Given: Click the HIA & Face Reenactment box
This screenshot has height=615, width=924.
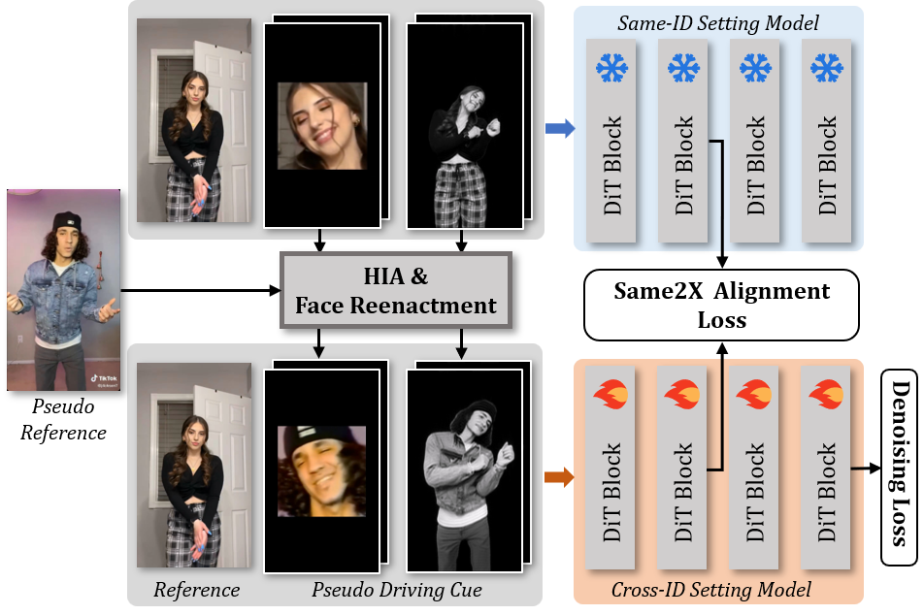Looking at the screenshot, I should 395,291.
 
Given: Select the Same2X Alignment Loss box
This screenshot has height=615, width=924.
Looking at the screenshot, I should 722,305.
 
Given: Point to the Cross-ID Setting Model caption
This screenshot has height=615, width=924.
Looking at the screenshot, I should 711,589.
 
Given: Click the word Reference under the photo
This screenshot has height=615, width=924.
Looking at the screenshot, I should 196,589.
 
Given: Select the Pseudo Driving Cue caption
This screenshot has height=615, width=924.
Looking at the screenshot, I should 396,589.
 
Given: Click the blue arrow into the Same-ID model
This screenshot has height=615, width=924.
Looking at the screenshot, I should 561,127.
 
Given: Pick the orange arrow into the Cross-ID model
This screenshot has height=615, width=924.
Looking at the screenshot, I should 561,476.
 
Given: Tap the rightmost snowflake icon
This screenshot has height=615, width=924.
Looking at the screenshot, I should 826,68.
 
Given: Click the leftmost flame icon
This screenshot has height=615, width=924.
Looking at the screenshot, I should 611,396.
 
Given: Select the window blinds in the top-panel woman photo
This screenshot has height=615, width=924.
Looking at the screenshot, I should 158,107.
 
